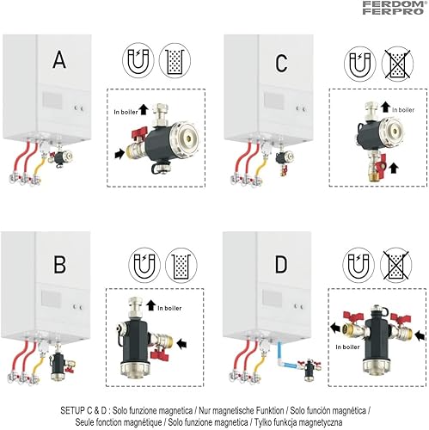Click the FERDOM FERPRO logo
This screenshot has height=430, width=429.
tap(393, 8)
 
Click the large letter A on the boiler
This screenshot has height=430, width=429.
tap(59, 59)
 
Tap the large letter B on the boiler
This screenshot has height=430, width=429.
tap(59, 264)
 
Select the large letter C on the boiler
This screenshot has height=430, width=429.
tap(281, 63)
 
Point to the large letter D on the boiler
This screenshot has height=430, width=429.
tap(281, 264)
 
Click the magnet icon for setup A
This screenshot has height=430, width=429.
tap(138, 61)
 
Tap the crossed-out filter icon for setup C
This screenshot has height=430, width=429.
tap(397, 64)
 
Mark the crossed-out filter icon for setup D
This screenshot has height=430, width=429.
tap(395, 264)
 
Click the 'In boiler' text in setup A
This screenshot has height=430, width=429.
tap(126, 112)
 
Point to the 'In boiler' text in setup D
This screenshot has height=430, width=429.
tap(347, 347)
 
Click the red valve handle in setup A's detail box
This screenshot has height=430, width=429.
tap(139, 133)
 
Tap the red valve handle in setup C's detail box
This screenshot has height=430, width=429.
tap(383, 162)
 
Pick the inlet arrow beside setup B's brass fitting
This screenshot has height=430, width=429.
tap(181, 343)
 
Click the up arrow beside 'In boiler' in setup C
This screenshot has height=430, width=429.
tap(385, 107)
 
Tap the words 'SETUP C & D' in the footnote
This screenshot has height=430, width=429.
tap(83, 410)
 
